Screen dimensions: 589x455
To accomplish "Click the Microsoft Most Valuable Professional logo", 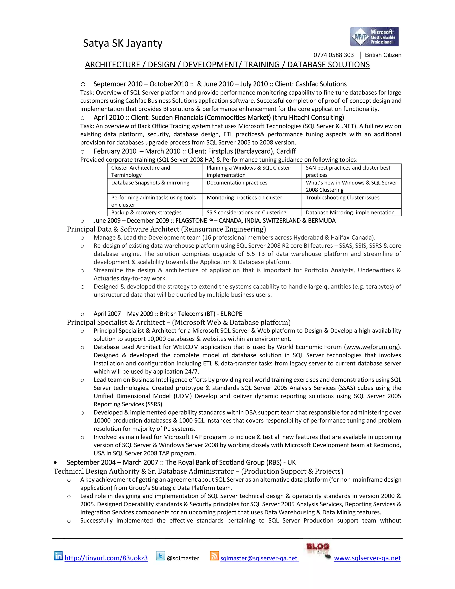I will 374,37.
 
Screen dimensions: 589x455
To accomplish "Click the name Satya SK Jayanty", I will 123,43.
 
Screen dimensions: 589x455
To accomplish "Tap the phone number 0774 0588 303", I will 333,55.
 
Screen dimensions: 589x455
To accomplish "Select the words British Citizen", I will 383,55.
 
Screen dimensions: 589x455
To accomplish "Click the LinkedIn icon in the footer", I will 58,556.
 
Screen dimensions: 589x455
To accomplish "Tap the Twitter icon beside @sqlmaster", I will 160,556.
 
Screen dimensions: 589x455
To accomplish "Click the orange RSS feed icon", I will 214,556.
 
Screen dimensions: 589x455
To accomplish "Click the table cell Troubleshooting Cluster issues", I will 342,198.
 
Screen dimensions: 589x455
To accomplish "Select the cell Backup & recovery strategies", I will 146,212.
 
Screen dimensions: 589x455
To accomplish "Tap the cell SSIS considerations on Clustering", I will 246,212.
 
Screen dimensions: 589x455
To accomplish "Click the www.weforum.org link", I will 372,347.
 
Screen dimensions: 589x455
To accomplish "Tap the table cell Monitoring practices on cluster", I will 244,198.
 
